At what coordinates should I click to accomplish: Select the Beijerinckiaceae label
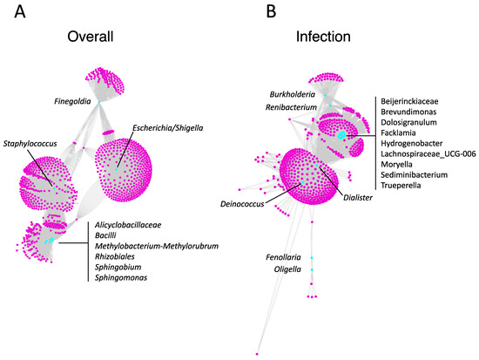[x=414, y=102]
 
